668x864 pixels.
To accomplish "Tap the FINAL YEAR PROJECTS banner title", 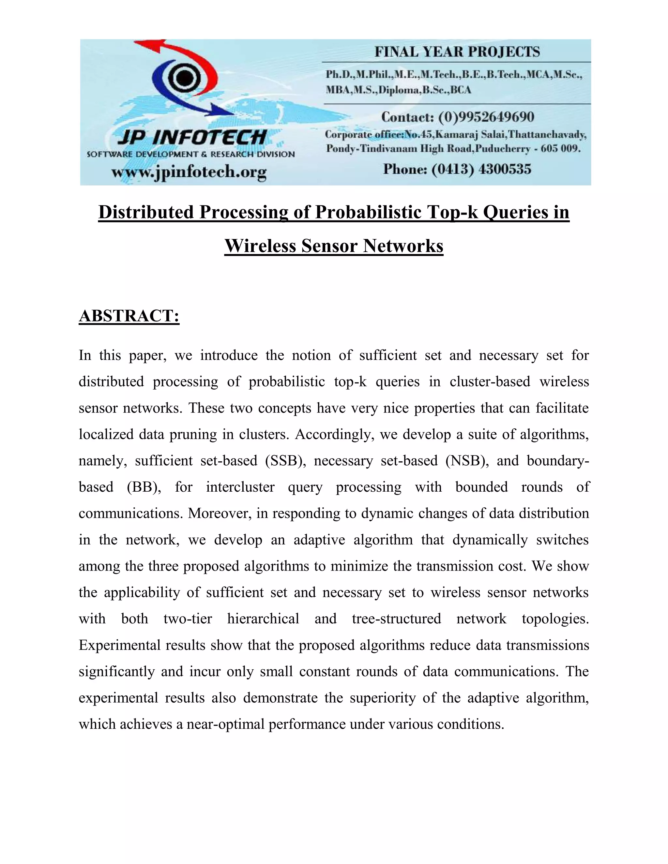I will coord(457,52).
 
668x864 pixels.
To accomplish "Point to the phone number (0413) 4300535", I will coord(481,169).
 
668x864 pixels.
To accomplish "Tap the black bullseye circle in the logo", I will coord(183,78).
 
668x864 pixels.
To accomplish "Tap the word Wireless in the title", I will coord(260,246).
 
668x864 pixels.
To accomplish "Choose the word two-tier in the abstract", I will coord(188,619).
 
